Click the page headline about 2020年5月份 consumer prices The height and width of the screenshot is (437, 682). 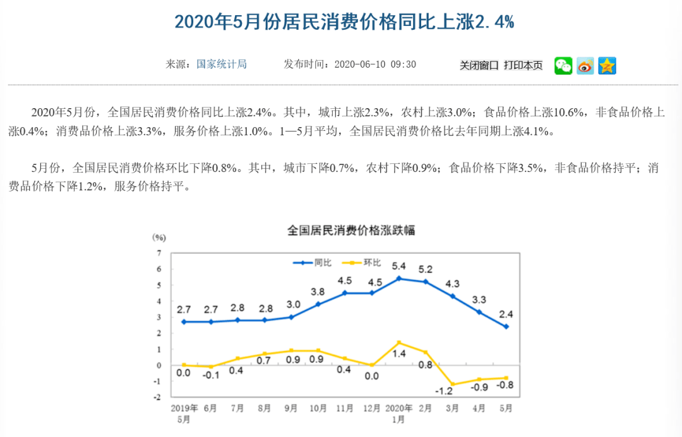(x=344, y=22)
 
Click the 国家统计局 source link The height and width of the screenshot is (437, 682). (x=221, y=64)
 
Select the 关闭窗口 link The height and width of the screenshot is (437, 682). (x=479, y=65)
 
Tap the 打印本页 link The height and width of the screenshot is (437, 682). (x=523, y=65)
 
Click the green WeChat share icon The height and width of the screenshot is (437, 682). (x=563, y=66)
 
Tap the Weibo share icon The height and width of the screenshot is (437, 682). (x=585, y=66)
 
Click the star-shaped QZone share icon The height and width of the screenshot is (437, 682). (x=607, y=66)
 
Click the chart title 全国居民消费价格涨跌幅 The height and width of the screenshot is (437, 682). (x=351, y=230)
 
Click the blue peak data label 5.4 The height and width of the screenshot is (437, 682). (x=399, y=266)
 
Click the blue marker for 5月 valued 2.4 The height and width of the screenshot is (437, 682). (x=506, y=327)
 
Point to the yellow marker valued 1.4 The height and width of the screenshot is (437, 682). (x=398, y=343)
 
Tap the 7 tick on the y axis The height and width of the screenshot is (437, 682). (x=159, y=252)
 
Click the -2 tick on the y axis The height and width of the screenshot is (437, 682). (x=157, y=397)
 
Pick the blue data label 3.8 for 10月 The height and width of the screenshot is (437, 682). (x=318, y=292)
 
